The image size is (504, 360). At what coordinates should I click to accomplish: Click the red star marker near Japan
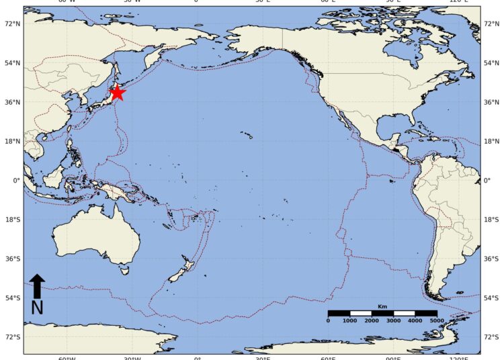pos(117,93)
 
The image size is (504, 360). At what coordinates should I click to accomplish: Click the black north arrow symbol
pos(38,285)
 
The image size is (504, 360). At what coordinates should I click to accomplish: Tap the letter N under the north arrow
pos(38,308)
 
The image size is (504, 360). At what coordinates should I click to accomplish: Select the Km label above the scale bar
pos(382,306)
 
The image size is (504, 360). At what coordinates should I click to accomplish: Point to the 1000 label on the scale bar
pos(350,321)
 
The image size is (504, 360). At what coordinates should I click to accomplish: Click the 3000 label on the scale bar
pos(394,321)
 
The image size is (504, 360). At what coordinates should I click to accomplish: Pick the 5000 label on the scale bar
pos(437,321)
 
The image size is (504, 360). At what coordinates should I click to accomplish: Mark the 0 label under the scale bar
pos(328,321)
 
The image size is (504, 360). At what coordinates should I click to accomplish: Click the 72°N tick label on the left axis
pos(12,24)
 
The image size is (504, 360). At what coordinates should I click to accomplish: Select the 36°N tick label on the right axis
pos(492,102)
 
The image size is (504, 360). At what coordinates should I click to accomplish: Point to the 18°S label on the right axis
pos(492,220)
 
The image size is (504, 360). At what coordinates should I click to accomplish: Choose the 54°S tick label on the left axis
pos(12,298)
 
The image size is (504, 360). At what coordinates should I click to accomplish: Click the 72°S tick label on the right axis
pos(492,337)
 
